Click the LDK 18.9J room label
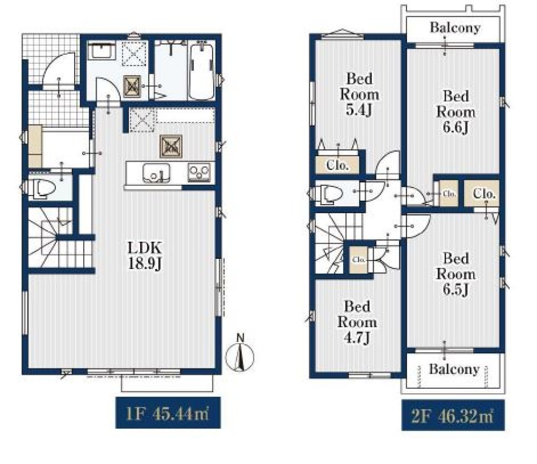(144, 256)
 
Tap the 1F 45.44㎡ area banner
(168, 412)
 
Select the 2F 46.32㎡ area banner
(453, 415)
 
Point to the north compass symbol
(240, 354)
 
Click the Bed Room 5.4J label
(359, 94)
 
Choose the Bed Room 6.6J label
(455, 112)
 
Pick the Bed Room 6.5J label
(455, 274)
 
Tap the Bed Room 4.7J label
(357, 322)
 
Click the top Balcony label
(455, 27)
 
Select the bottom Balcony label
(454, 369)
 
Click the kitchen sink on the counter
(156, 173)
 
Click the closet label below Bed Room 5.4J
(337, 165)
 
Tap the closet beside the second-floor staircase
(359, 260)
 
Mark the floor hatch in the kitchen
(171, 147)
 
